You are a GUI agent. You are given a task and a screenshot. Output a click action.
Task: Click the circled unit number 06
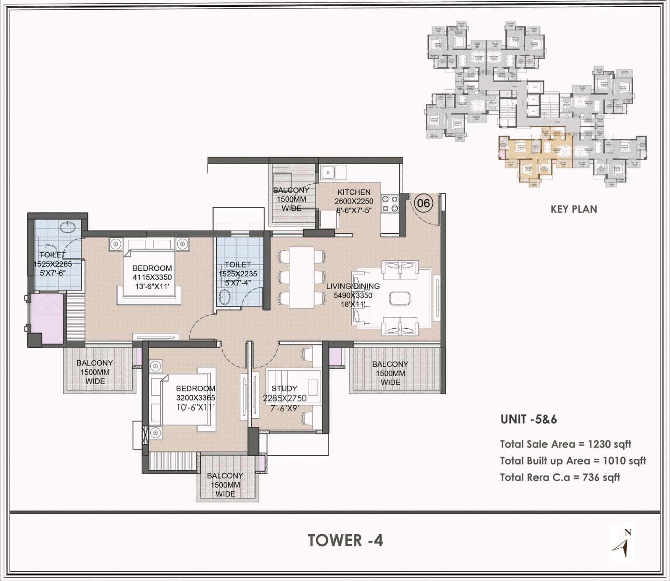click(423, 203)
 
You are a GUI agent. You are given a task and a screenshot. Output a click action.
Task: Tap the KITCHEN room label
click(354, 192)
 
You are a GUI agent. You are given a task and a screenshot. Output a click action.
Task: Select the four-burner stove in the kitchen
click(390, 204)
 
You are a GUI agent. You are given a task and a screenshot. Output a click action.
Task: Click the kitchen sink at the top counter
click(328, 171)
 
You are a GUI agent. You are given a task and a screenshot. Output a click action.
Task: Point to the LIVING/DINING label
click(353, 286)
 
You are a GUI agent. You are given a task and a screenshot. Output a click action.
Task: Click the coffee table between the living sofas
click(400, 298)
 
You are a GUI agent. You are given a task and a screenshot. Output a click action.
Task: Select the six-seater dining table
click(301, 277)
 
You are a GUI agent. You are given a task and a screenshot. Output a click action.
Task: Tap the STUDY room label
click(284, 388)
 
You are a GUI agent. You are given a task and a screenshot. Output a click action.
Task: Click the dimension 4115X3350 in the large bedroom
click(152, 277)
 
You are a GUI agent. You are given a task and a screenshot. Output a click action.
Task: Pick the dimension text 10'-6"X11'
click(196, 407)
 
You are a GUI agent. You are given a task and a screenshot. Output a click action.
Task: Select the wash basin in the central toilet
click(224, 298)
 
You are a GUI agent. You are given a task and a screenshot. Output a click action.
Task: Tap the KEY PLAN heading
click(574, 209)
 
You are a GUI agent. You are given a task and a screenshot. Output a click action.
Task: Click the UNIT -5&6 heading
click(528, 419)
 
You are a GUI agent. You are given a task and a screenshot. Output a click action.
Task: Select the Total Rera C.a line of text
click(560, 477)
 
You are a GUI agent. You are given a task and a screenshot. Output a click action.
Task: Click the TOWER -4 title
click(345, 540)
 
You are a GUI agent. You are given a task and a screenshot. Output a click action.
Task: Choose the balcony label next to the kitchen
click(291, 199)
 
